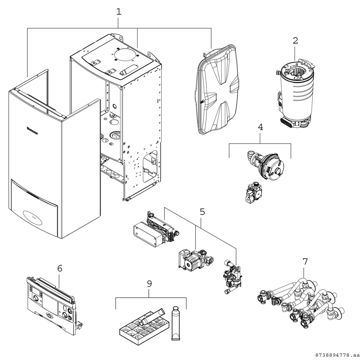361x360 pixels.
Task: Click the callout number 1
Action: tap(119, 12)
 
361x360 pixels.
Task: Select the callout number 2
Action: tap(295, 41)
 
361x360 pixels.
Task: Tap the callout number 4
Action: tap(261, 127)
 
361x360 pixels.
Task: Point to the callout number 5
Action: tap(202, 212)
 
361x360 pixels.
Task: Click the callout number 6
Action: tap(60, 268)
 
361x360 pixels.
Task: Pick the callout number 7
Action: tap(305, 261)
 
